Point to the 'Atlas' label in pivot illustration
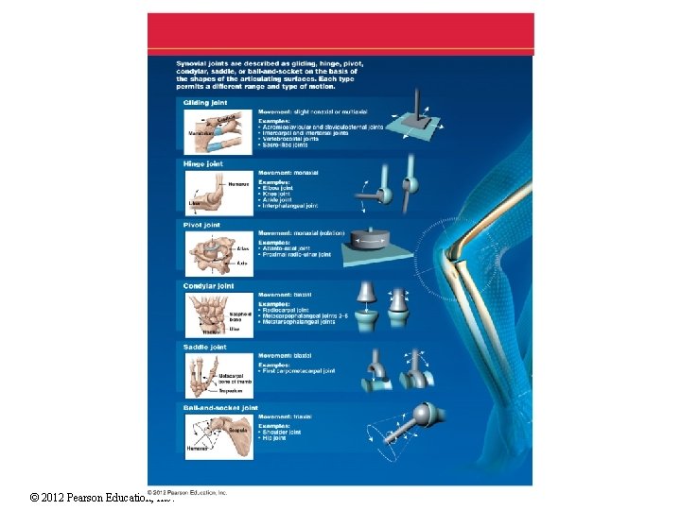[244, 248]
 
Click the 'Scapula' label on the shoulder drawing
[237, 430]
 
